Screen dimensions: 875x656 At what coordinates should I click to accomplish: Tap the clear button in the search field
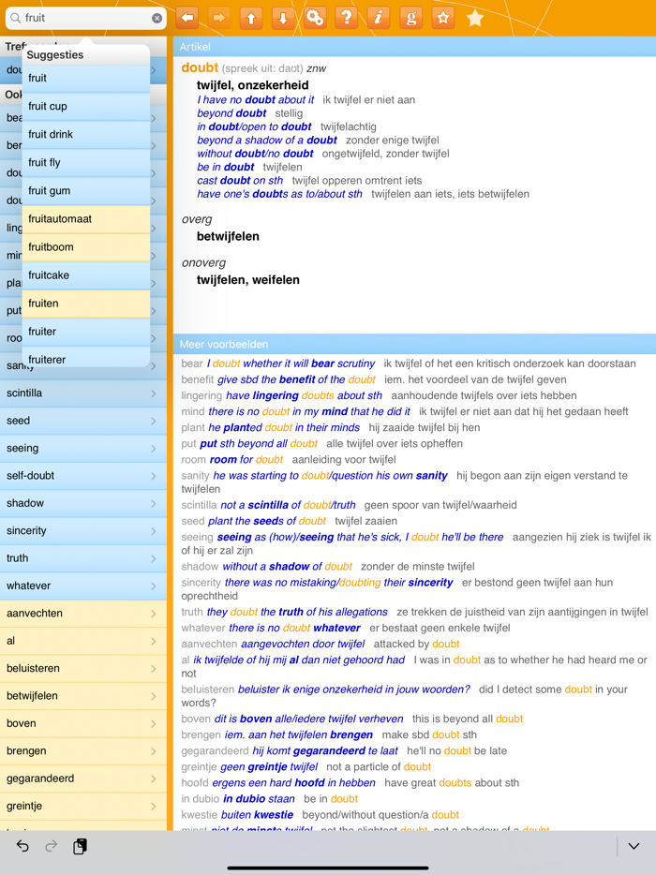pos(157,18)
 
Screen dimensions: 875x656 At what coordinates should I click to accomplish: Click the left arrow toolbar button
pos(187,18)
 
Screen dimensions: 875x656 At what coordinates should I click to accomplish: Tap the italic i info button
pos(379,18)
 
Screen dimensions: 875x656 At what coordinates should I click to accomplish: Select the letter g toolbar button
pos(410,18)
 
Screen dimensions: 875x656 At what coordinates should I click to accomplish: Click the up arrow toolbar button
pos(251,18)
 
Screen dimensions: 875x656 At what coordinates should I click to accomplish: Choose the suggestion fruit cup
pos(86,106)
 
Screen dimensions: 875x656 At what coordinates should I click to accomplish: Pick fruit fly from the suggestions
pos(86,162)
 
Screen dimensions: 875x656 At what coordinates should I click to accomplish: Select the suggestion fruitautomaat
pos(86,218)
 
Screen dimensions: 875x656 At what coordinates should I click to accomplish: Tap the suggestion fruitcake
pos(86,274)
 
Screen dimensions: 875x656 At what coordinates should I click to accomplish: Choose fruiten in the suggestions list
pos(86,303)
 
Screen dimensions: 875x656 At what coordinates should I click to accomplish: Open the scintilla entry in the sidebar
pos(82,393)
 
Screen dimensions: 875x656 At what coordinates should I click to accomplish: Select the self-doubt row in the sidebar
pos(82,476)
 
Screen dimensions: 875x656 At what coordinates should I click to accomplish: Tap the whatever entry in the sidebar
pos(82,586)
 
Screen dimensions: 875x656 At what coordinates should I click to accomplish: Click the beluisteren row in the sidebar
pos(82,669)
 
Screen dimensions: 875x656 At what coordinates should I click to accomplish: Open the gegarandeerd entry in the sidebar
pos(82,779)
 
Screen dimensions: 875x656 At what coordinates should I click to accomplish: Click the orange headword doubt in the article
pos(200,67)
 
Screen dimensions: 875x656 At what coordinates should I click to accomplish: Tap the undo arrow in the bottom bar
pos(22,846)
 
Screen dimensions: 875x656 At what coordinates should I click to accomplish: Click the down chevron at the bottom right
pos(634,846)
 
